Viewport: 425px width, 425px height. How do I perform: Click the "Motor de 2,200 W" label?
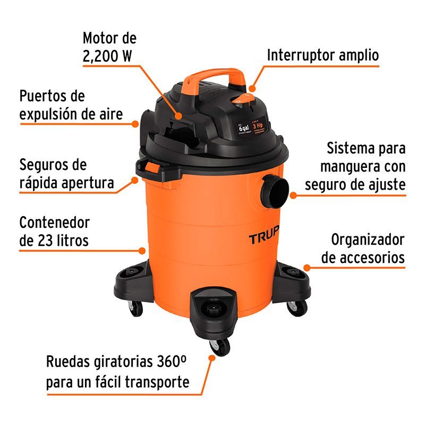[x=109, y=47]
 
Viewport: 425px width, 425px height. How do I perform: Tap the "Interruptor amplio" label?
[x=322, y=55]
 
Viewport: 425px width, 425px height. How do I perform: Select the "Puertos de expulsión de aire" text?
[x=71, y=105]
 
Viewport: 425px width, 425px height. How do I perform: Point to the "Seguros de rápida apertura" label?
[x=66, y=174]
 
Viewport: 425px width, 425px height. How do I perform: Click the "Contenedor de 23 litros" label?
[x=54, y=231]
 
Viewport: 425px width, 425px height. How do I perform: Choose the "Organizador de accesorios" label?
[x=363, y=249]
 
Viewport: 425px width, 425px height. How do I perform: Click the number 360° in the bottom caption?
[x=172, y=362]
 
